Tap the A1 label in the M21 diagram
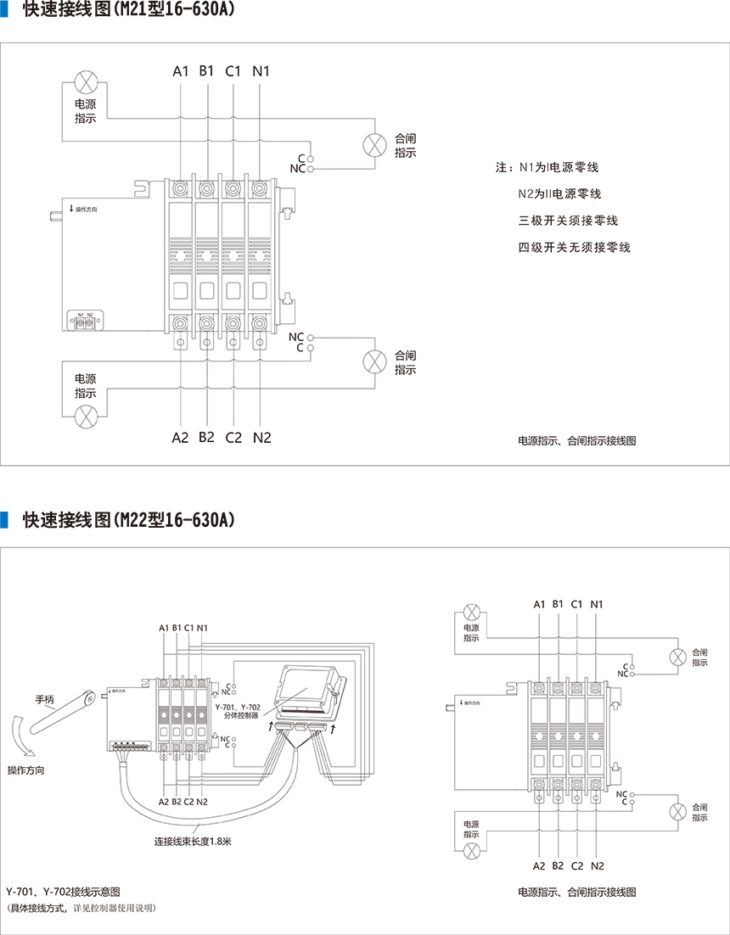(x=180, y=71)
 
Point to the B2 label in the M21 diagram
(x=206, y=438)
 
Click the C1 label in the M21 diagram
(x=233, y=71)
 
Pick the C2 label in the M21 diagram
(x=233, y=438)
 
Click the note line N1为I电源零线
(x=560, y=167)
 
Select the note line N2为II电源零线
(x=560, y=193)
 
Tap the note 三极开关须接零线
(x=568, y=221)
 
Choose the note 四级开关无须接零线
(x=575, y=248)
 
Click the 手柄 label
(x=44, y=700)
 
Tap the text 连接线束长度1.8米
(x=193, y=842)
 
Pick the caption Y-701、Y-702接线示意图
(x=64, y=892)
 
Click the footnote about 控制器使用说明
(x=81, y=908)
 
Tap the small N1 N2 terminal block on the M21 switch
(x=85, y=322)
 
